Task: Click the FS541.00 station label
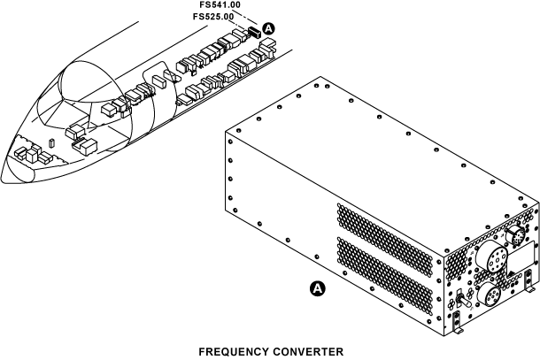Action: pyautogui.click(x=220, y=5)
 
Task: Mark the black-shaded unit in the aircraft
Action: pyautogui.click(x=252, y=32)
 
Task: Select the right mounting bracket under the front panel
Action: pyautogui.click(x=528, y=288)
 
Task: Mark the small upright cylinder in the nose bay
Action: pyautogui.click(x=51, y=142)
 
